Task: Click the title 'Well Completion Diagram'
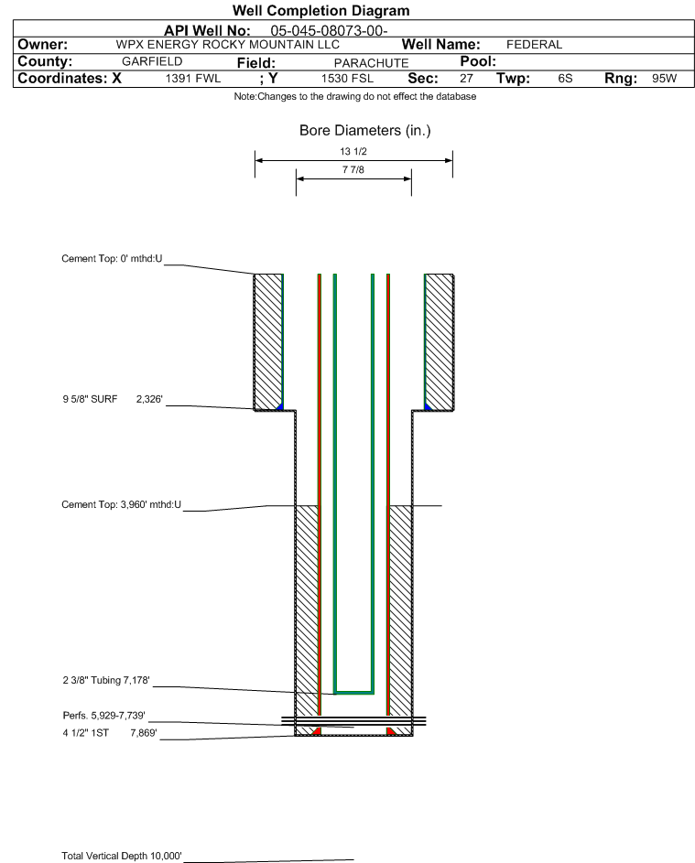[321, 10]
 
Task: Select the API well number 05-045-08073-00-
[329, 31]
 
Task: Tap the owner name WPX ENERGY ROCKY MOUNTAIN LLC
[227, 45]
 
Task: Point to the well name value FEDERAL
[534, 45]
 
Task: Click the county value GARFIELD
[152, 61]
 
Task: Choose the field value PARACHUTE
[371, 63]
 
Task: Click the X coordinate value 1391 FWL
[192, 78]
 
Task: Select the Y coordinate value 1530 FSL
[347, 78]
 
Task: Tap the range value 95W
[664, 78]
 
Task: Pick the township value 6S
[565, 78]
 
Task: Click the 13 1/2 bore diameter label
[353, 151]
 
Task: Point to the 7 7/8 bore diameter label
[353, 169]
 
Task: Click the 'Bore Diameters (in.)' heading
[364, 131]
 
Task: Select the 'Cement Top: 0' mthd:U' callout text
[112, 259]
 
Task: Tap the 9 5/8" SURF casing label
[90, 399]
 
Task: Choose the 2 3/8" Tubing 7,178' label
[105, 680]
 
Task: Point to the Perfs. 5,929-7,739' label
[103, 716]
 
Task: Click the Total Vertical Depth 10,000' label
[121, 856]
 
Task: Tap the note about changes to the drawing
[354, 96]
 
